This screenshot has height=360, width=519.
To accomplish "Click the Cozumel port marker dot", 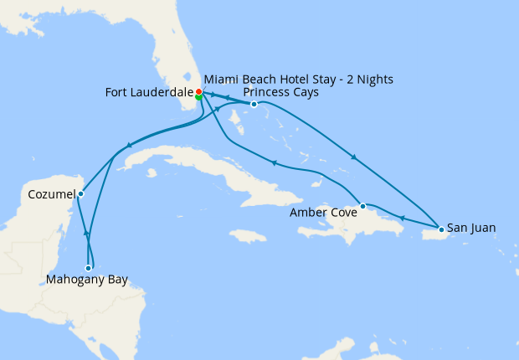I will [80, 194].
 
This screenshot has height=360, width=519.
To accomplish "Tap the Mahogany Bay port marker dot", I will [89, 268].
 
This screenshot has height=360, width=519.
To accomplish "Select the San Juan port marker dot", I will [441, 229].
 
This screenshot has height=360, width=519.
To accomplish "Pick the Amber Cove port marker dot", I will [362, 206].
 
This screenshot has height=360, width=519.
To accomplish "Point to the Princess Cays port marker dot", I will [254, 105].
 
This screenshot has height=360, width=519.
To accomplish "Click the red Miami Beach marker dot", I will [198, 91].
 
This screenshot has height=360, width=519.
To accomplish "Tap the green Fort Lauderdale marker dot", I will [198, 97].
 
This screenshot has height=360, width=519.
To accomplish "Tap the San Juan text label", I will [471, 227].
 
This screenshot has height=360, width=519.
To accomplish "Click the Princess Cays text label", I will [280, 92].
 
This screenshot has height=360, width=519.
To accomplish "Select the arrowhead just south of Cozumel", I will [85, 232].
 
